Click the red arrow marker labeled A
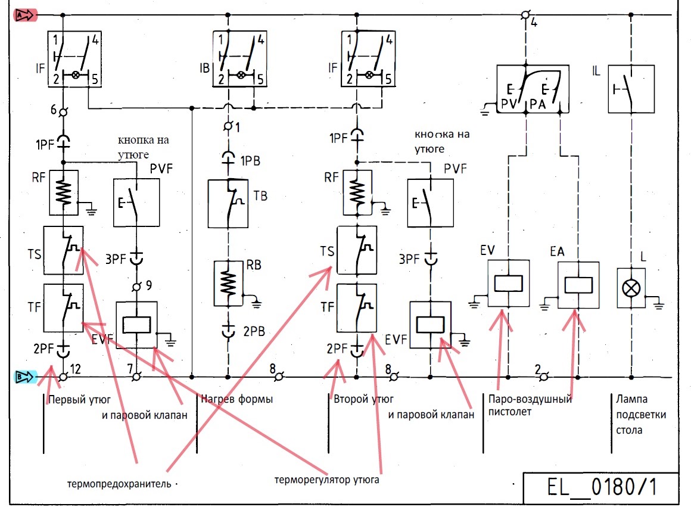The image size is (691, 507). (x=26, y=15)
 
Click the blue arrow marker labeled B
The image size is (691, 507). (x=26, y=377)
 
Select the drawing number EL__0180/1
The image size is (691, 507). (x=602, y=487)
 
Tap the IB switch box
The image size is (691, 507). (x=239, y=58)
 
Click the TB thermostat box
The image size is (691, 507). (x=228, y=203)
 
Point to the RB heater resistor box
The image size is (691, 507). (x=228, y=283)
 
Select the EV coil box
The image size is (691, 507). (x=509, y=283)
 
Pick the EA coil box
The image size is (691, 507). (x=578, y=285)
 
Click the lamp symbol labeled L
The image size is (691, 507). (x=631, y=288)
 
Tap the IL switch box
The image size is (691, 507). (x=631, y=89)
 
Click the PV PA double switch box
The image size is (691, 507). (x=533, y=89)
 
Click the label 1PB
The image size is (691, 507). (x=250, y=161)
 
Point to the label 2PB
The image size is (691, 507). (x=254, y=331)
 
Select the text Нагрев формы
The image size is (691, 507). (x=236, y=399)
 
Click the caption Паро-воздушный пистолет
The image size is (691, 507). (x=530, y=405)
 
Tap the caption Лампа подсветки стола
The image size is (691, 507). (x=641, y=415)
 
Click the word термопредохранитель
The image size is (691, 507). (x=119, y=484)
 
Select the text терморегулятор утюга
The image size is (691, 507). (x=326, y=479)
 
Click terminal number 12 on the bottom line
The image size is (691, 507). (x=76, y=369)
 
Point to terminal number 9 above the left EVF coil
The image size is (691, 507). (x=149, y=285)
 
